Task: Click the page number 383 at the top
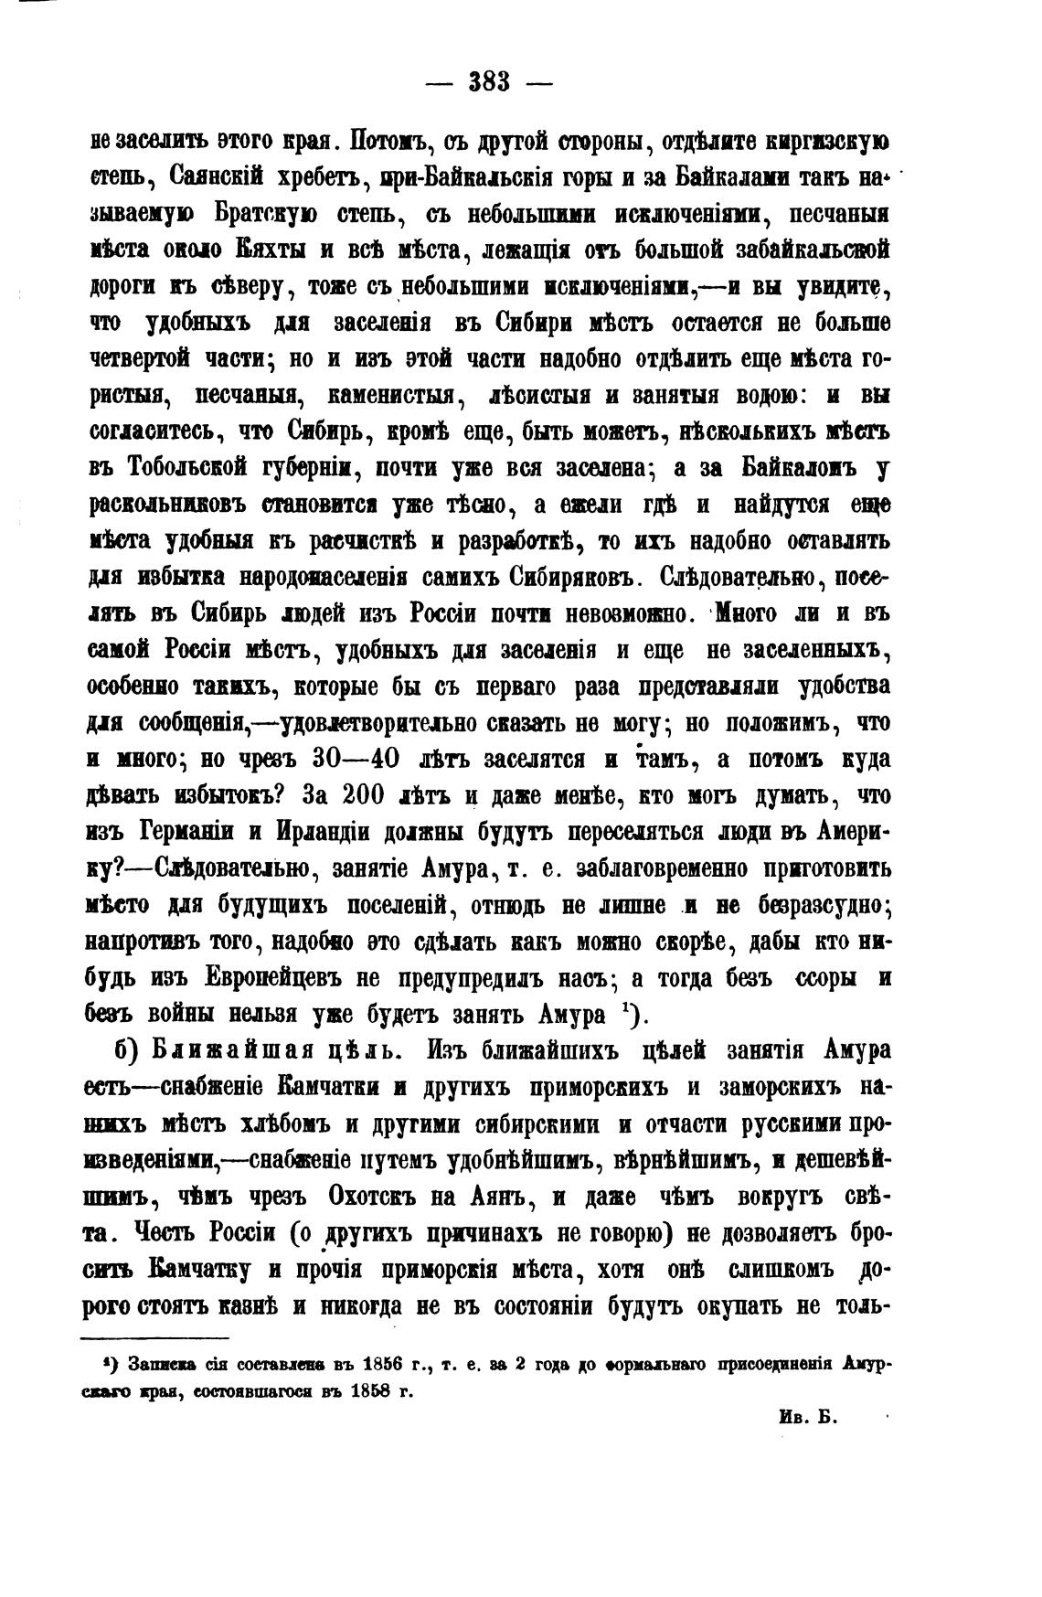click(489, 81)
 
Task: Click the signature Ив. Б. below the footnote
click(805, 1416)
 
